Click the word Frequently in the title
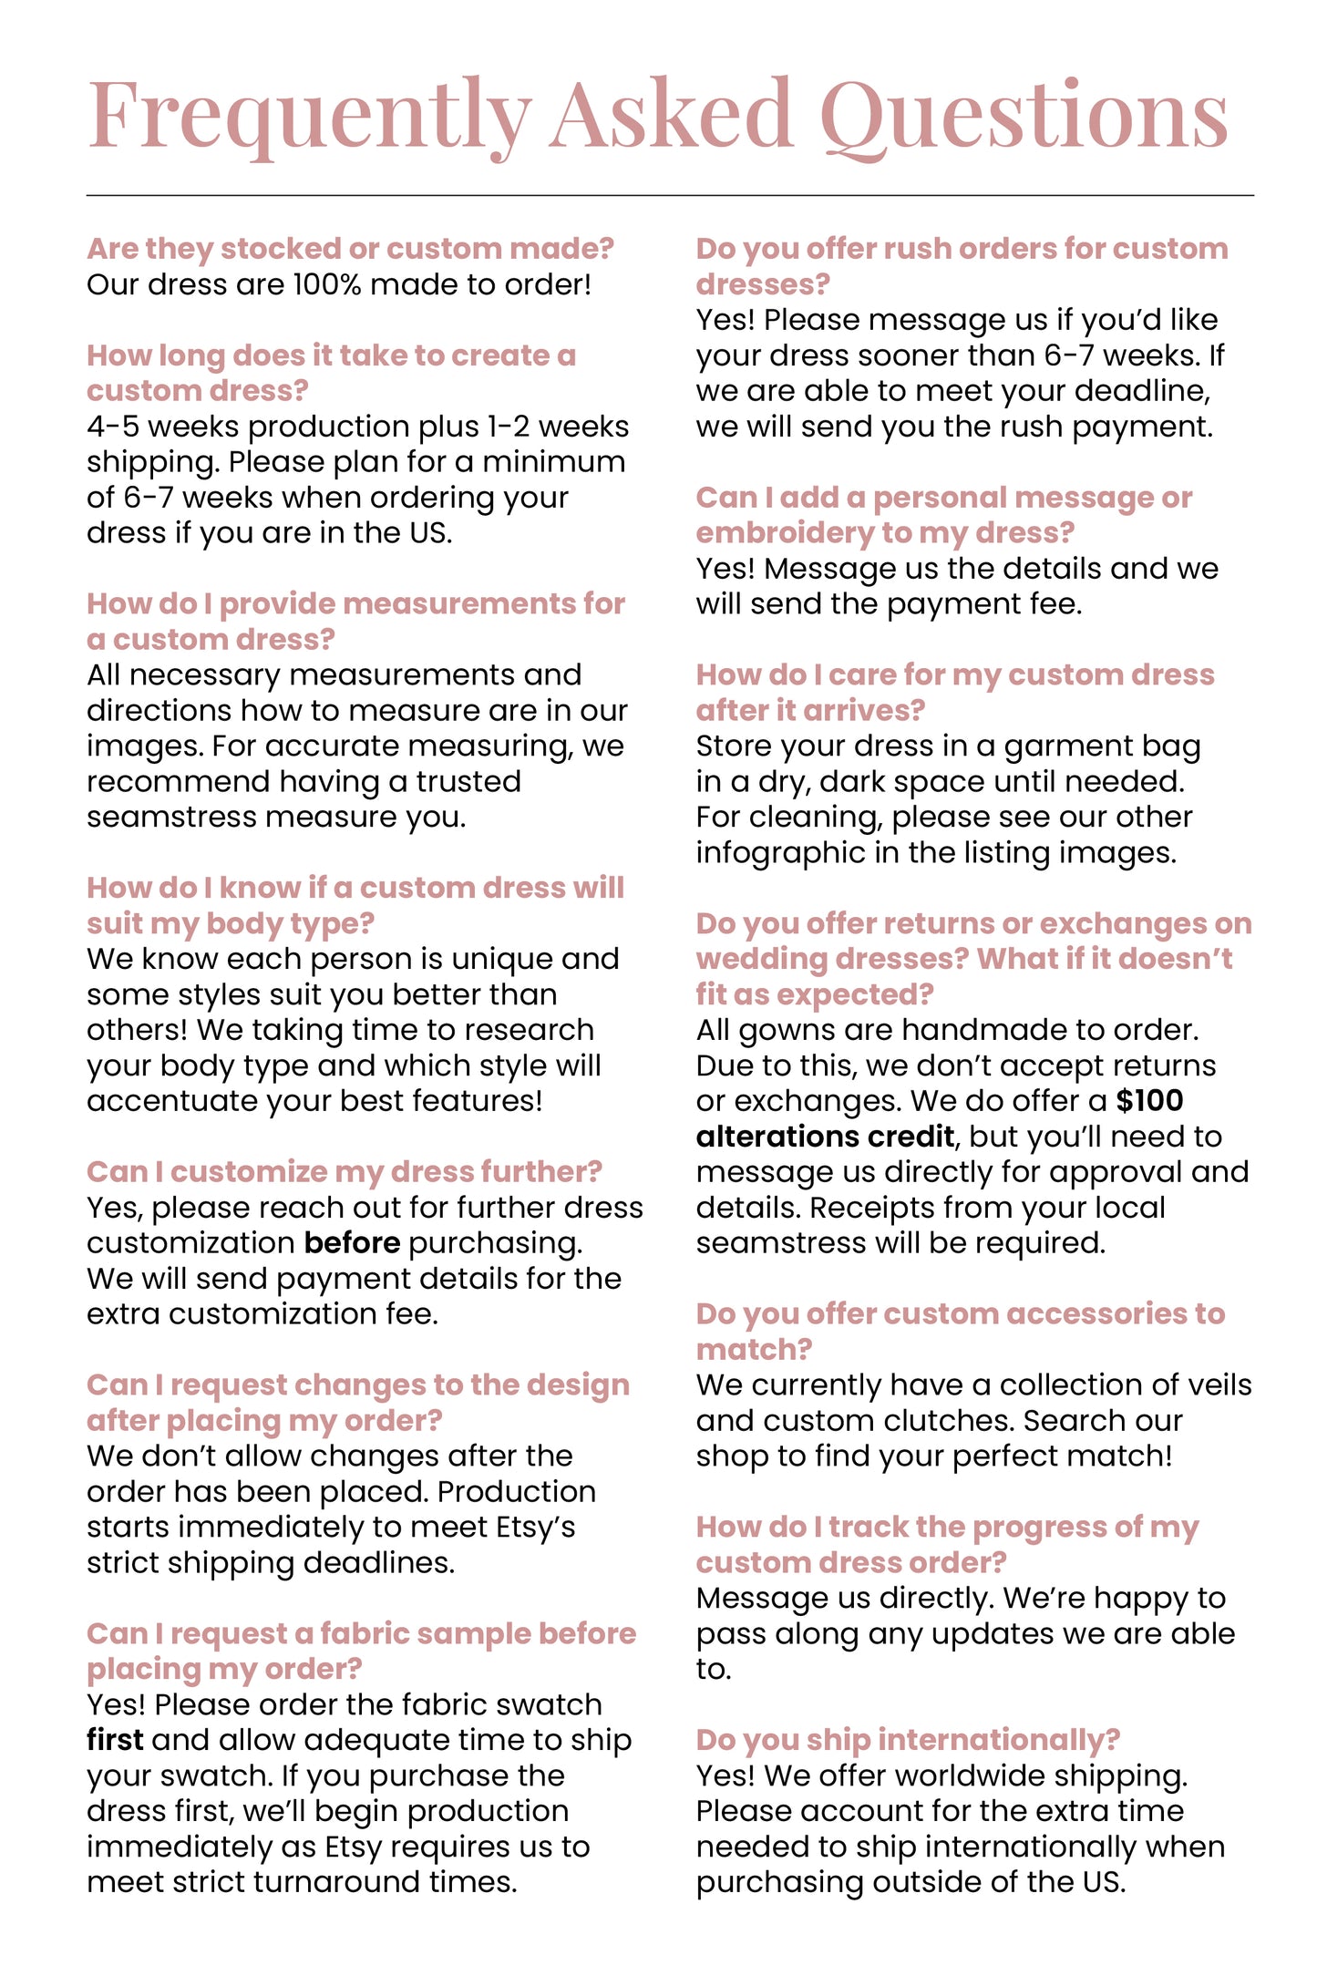pyautogui.click(x=310, y=116)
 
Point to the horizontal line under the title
pyautogui.click(x=670, y=195)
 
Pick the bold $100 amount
pyautogui.click(x=1149, y=1101)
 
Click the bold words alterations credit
pyautogui.click(x=825, y=1137)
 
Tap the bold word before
pyautogui.click(x=352, y=1243)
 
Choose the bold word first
pyautogui.click(x=115, y=1740)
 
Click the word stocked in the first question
pyautogui.click(x=273, y=249)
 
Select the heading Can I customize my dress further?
pyautogui.click(x=345, y=1172)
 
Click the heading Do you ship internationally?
pyautogui.click(x=908, y=1740)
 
